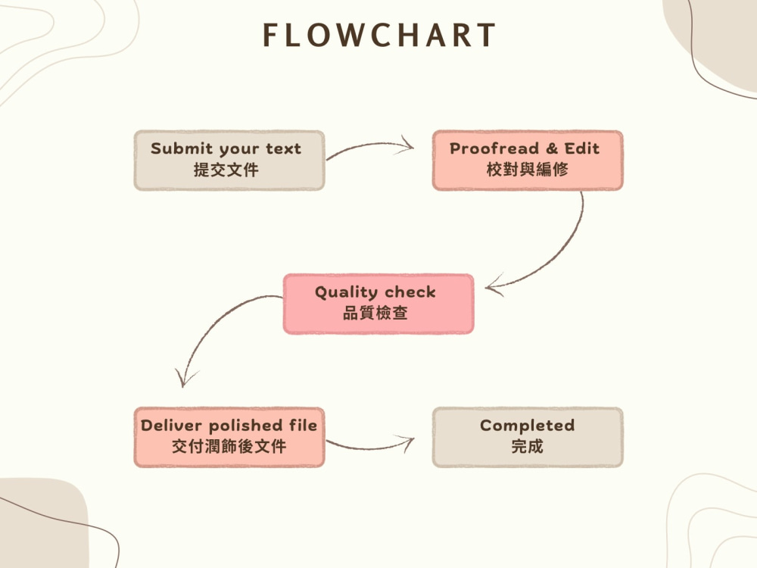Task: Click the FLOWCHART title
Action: coord(379,35)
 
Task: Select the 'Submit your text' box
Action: coord(229,161)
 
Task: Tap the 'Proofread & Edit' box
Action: coord(528,161)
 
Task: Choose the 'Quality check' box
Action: coord(378,304)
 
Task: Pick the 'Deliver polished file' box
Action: coord(229,437)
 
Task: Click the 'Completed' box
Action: coord(528,437)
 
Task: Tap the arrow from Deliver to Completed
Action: coord(369,448)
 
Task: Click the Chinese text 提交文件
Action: coord(226,170)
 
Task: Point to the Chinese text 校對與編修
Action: coord(527,169)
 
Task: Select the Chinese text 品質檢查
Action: coord(375,313)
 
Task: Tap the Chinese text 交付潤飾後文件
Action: coord(229,446)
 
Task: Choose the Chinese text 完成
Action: coord(527,446)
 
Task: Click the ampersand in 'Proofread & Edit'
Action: coord(552,148)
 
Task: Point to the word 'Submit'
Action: coord(182,148)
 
